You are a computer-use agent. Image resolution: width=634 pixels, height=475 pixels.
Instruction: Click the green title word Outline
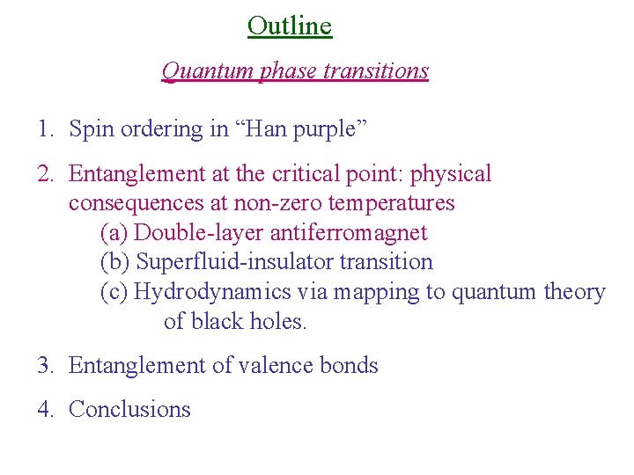tap(290, 26)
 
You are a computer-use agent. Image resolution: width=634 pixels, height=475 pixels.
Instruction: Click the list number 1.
tap(44, 129)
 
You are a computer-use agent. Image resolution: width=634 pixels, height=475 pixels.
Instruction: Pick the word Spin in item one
tap(91, 129)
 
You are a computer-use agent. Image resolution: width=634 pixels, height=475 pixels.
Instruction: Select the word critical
tap(332, 174)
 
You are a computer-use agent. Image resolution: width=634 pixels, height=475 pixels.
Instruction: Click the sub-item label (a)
tap(114, 233)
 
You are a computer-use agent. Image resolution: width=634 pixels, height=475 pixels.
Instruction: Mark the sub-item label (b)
tap(115, 262)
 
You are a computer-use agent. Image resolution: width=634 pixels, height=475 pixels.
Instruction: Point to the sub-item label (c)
tap(114, 292)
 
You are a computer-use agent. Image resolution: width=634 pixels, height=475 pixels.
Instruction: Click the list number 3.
tap(45, 365)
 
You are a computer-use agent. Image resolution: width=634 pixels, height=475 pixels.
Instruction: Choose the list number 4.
tap(45, 409)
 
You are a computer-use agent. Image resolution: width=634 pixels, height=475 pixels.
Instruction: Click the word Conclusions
tap(129, 409)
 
